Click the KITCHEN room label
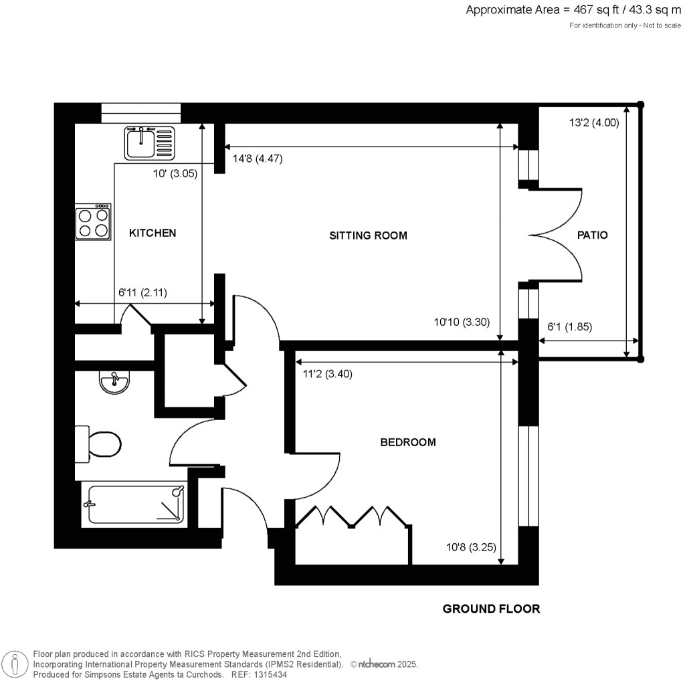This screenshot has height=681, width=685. pos(153,233)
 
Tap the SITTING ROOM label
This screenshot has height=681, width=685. pos(368,235)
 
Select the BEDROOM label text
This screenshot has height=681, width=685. pos(408,442)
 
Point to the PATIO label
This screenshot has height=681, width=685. pos(593,235)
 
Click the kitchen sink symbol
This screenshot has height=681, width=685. pos(150,143)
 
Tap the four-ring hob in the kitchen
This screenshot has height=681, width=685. pos(93,222)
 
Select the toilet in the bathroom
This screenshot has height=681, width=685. pos(98,444)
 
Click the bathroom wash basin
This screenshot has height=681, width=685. pos(114,382)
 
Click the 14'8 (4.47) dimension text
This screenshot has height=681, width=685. pos(258,159)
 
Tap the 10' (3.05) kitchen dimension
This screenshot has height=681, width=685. pos(175,173)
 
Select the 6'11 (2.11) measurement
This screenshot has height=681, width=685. pos(143,292)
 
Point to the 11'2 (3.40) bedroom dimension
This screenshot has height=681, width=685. pos(328,374)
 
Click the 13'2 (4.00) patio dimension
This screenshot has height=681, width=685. pos(594,122)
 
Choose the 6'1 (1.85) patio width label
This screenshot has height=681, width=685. pos(570,326)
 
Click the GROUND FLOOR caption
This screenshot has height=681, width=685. pos(491,609)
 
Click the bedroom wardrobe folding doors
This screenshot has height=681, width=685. pos(353,516)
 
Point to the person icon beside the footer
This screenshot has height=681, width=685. pos(16,664)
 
